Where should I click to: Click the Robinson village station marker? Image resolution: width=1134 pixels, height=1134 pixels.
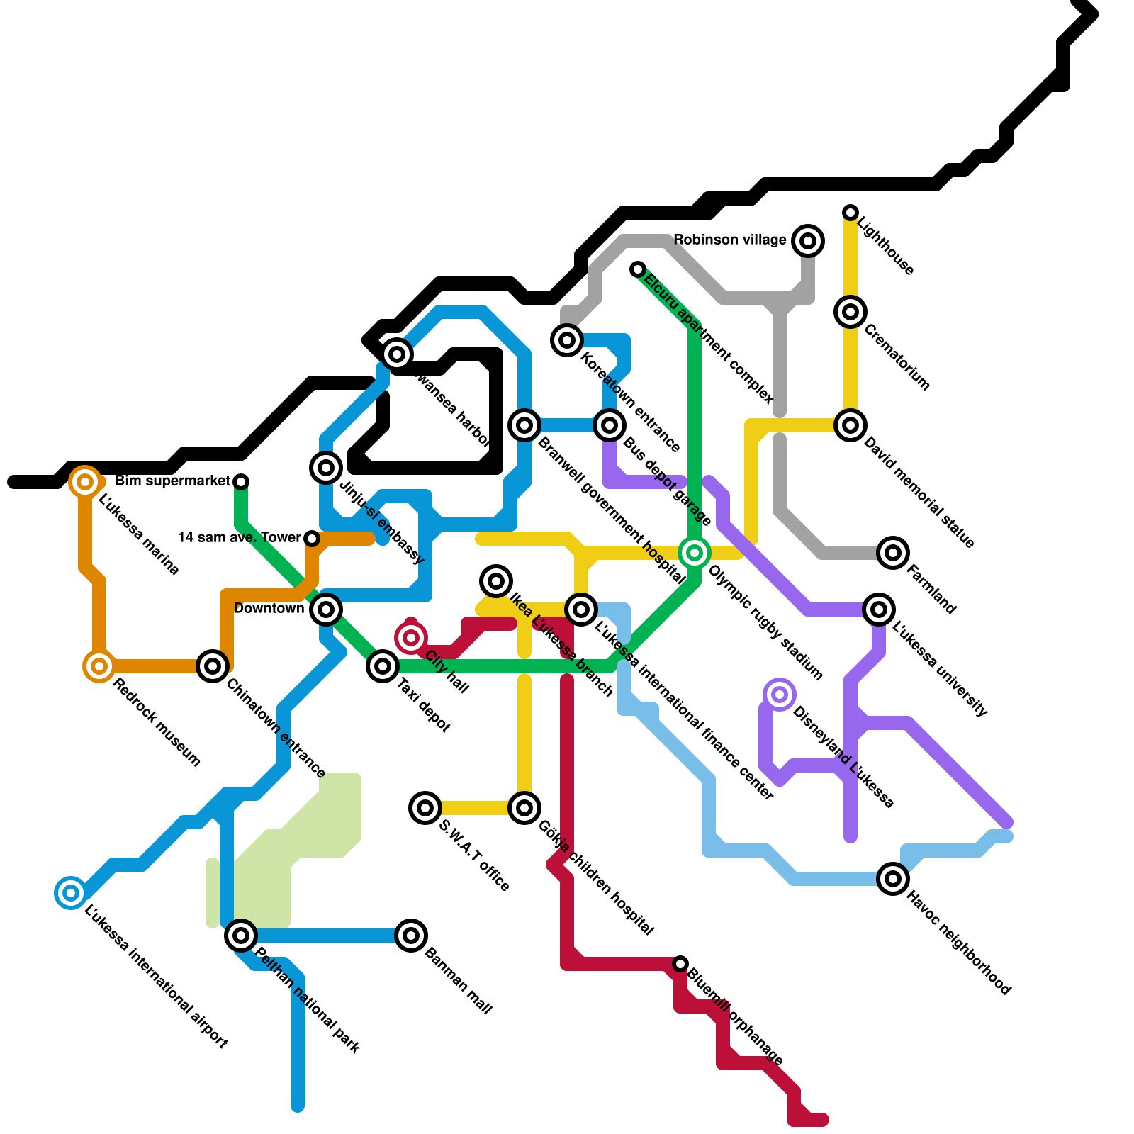(808, 241)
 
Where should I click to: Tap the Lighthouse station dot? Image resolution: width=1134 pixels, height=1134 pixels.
(850, 213)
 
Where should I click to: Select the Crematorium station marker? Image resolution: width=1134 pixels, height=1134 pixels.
(850, 312)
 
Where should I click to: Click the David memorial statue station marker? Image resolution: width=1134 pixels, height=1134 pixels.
(850, 425)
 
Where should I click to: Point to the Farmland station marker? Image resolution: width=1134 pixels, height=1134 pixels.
(893, 553)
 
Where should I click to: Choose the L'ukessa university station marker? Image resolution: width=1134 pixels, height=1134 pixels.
(879, 610)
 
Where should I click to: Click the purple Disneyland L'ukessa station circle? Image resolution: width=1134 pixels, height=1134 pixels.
(780, 695)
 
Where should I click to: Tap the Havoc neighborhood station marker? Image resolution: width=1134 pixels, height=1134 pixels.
(893, 879)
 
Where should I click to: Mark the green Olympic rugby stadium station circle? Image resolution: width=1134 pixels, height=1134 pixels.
(695, 553)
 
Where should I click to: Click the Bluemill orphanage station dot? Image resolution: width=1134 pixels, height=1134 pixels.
(680, 964)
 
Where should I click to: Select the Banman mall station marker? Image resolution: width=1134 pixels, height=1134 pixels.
(411, 936)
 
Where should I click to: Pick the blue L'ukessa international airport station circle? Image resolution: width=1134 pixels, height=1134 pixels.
(71, 893)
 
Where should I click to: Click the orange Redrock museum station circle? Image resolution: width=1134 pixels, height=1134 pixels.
(99, 666)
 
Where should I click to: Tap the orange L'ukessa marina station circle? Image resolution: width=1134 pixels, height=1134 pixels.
(85, 482)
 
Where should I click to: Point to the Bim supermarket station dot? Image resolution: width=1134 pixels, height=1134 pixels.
(241, 482)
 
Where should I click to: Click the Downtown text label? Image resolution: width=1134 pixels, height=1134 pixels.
(269, 609)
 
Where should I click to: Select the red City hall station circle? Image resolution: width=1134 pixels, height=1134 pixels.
(411, 638)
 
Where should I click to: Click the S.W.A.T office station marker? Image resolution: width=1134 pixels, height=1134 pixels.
(425, 808)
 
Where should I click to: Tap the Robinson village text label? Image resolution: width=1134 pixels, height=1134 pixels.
(729, 240)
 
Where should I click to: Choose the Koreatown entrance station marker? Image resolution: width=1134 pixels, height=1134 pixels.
(567, 340)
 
